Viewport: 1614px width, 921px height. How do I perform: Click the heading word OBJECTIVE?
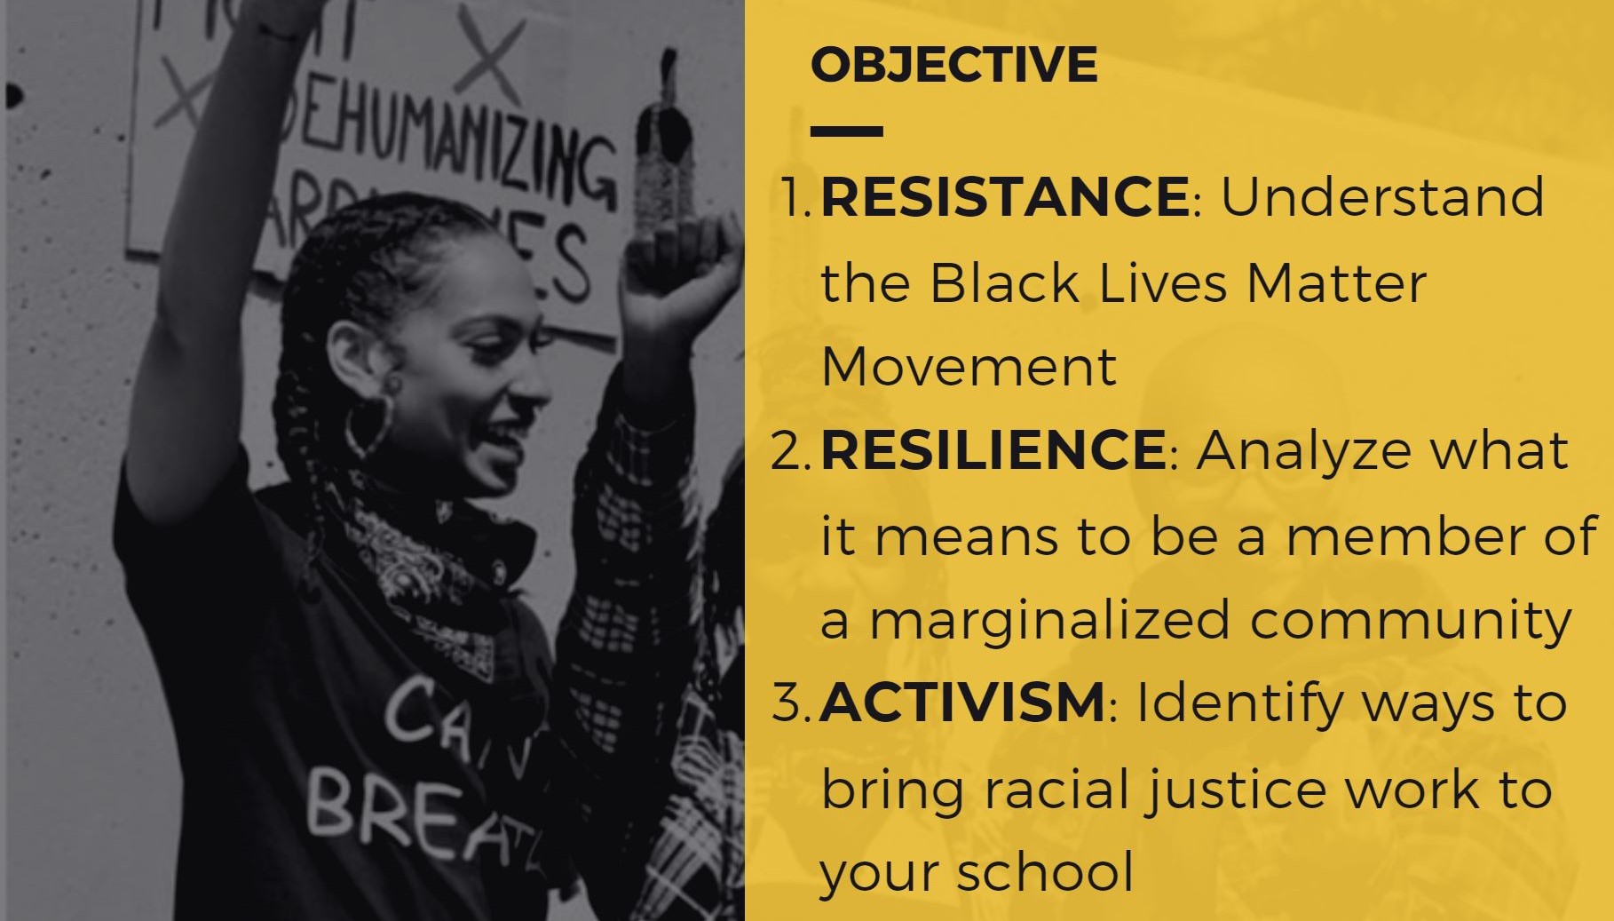(953, 65)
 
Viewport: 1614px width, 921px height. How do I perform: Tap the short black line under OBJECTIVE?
(846, 131)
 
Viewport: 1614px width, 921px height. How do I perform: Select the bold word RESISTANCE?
(1005, 196)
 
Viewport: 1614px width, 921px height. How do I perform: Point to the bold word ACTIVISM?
(962, 703)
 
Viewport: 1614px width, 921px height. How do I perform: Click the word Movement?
(969, 366)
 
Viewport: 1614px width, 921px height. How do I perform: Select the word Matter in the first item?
(1336, 283)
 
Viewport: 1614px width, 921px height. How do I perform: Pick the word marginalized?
(1049, 620)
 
